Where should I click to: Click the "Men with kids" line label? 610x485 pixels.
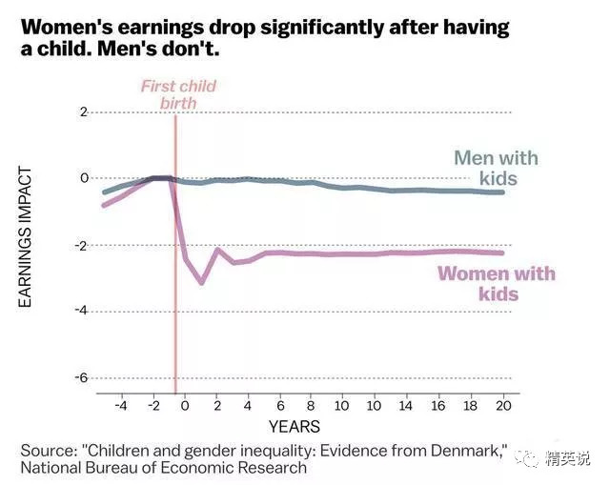point(496,168)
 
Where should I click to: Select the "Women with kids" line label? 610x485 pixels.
point(496,284)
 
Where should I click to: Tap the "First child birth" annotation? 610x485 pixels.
point(178,94)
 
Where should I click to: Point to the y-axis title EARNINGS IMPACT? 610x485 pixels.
point(26,237)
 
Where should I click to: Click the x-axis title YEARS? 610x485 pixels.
point(294,426)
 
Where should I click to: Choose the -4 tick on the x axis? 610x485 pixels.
point(120,406)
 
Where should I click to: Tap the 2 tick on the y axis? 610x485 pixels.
point(83,112)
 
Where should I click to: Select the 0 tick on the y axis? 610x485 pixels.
point(83,178)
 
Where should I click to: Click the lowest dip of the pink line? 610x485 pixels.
point(201,282)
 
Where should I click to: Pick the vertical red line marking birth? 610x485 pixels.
point(175,286)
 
